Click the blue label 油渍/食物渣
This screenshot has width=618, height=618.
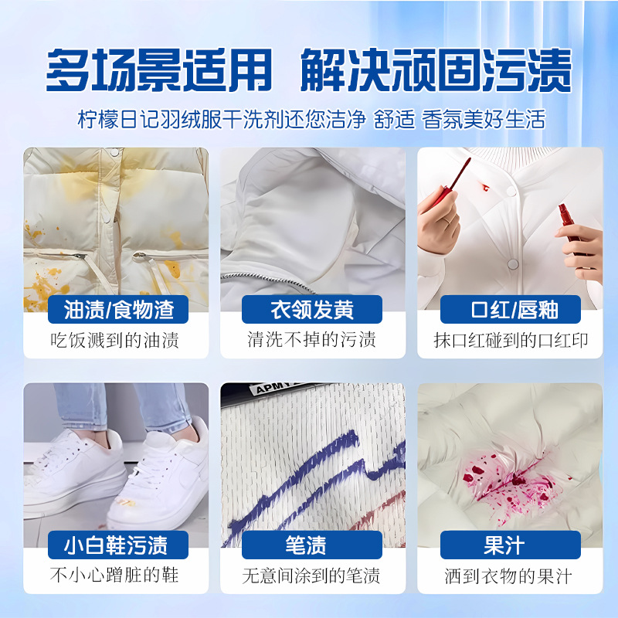click(119, 311)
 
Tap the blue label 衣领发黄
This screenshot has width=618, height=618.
click(312, 311)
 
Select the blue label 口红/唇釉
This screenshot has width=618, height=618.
click(510, 311)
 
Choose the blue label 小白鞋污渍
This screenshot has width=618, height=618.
click(116, 545)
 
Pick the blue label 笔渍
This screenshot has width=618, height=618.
click(312, 545)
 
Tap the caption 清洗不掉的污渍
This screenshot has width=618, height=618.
click(312, 340)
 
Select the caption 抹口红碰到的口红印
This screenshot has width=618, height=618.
click(510, 340)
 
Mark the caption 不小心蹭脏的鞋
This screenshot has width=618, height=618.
click(116, 576)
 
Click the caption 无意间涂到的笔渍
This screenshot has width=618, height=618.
click(312, 576)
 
